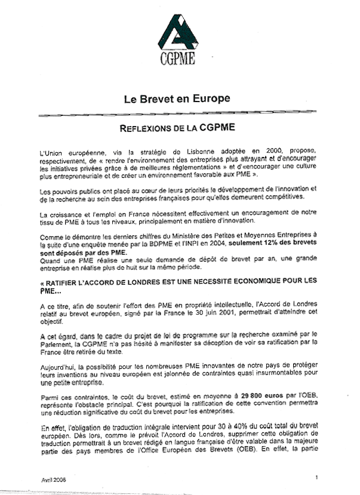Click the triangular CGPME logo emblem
pos(177,33)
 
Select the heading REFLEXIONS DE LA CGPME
pos(177,128)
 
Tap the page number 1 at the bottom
pos(316,476)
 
